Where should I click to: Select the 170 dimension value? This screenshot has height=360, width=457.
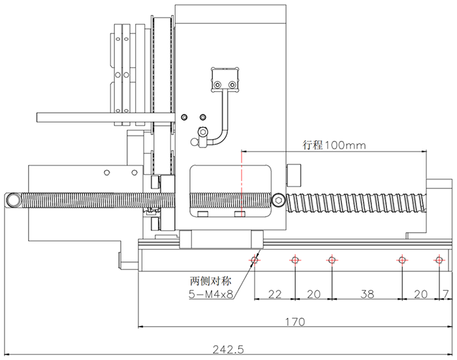point(295,322)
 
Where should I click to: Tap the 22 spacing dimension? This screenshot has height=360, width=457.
point(275,294)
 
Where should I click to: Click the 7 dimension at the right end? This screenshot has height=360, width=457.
point(445,294)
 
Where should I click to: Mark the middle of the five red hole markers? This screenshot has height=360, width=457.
point(332,260)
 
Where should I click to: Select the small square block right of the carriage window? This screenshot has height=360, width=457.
point(295,174)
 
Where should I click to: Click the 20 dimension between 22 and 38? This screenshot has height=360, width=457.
point(313,294)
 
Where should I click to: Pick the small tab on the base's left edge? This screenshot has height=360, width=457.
point(121,259)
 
